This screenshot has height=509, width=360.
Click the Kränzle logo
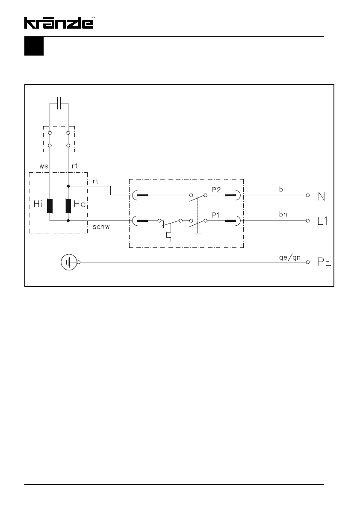59,23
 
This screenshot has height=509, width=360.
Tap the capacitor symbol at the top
59,103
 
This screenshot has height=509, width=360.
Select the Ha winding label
80,204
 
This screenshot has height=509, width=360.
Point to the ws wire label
44,166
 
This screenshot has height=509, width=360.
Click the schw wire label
101,227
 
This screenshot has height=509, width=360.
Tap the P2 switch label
216,190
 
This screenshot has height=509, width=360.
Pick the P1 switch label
215,215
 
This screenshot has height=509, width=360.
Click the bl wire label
282,189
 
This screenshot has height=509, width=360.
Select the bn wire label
283,214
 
